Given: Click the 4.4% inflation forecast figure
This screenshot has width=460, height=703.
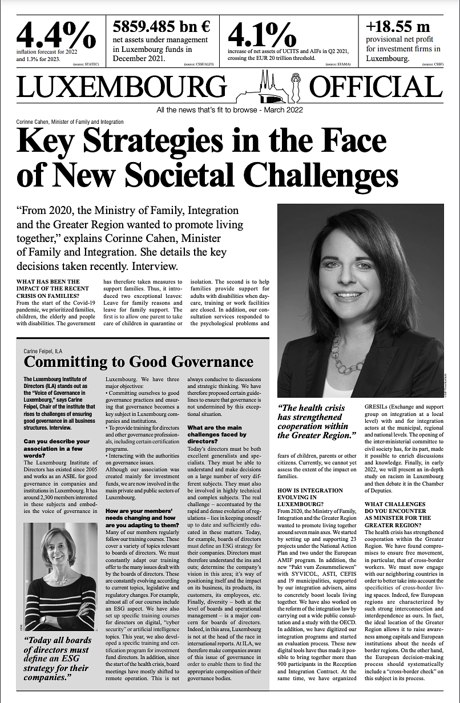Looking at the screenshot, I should point(56,35).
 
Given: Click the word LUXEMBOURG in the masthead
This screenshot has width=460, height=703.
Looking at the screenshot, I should point(122,87).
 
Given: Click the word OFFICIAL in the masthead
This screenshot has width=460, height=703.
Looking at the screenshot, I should point(375,87).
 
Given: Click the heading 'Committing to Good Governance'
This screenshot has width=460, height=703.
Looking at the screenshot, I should point(139,362).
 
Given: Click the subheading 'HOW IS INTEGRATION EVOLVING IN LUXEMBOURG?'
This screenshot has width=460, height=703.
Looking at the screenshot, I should point(310,498).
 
